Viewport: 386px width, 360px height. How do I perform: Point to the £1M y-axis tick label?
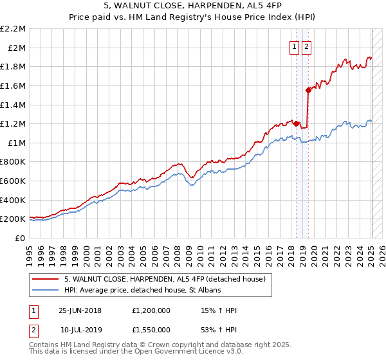point(17,143)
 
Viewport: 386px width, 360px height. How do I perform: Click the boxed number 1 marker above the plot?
point(294,46)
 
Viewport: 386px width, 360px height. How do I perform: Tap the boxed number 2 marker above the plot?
point(306,46)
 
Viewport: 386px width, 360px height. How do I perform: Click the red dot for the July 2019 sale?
point(309,91)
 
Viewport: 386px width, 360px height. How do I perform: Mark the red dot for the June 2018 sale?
point(297,123)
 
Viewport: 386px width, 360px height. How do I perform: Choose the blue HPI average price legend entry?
point(142,290)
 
